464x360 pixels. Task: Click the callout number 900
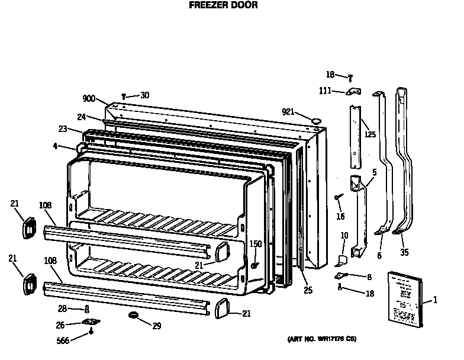tap(89, 99)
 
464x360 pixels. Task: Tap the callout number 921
tap(288, 111)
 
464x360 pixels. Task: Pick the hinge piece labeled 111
tap(354, 91)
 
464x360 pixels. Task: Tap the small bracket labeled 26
tap(90, 322)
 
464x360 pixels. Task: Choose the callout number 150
tap(255, 244)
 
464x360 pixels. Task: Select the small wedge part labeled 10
tap(342, 258)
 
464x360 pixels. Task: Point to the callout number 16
tap(340, 217)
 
